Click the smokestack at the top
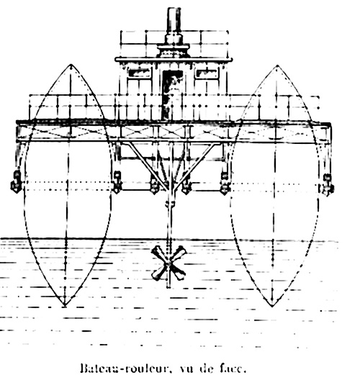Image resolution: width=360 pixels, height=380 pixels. tap(174, 22)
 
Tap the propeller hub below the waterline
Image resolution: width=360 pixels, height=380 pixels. tap(168, 263)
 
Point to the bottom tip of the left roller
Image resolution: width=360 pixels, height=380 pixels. tap(65, 307)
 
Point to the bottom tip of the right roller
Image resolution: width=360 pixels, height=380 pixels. tap(272, 307)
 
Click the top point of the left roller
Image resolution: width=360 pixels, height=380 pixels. tap(71, 65)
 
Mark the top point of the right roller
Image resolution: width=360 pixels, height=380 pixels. tap(278, 65)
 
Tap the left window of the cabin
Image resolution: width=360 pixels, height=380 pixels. tap(139, 73)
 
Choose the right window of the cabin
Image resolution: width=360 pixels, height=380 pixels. tap(207, 73)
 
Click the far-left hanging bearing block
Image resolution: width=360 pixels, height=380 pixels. tap(17, 182)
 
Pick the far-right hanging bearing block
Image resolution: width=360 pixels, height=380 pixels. tap(328, 185)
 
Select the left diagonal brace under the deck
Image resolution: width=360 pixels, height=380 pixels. tap(147, 166)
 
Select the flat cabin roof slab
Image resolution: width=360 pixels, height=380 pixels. tap(174, 59)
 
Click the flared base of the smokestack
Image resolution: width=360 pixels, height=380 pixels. tap(174, 50)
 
